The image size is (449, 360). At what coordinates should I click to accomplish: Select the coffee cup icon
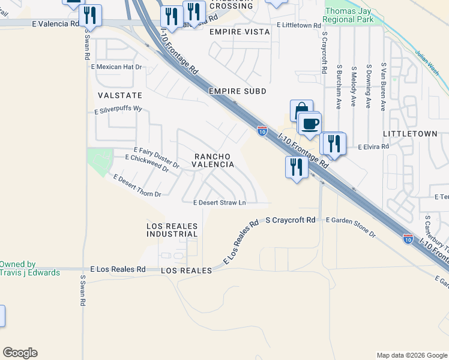[310, 124]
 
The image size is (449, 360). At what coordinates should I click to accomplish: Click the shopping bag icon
[301, 110]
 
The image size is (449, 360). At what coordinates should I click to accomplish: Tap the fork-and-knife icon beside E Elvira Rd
[334, 144]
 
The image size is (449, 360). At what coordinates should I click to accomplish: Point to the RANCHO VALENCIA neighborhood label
[212, 160]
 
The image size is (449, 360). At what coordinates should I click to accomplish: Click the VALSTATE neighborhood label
[120, 95]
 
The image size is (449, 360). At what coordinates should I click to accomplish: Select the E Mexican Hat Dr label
[116, 67]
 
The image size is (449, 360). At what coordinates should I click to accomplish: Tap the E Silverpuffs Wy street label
[118, 110]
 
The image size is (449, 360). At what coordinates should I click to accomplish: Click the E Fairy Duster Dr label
[156, 157]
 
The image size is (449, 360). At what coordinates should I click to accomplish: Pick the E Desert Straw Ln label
[220, 203]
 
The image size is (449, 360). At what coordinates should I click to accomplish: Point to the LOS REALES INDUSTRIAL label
[172, 230]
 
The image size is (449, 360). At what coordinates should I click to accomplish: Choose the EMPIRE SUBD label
[237, 91]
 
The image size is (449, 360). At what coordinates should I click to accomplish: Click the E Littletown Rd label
[300, 25]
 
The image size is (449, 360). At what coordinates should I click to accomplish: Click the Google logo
[20, 353]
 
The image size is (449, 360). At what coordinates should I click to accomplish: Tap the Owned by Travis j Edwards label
[29, 268]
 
